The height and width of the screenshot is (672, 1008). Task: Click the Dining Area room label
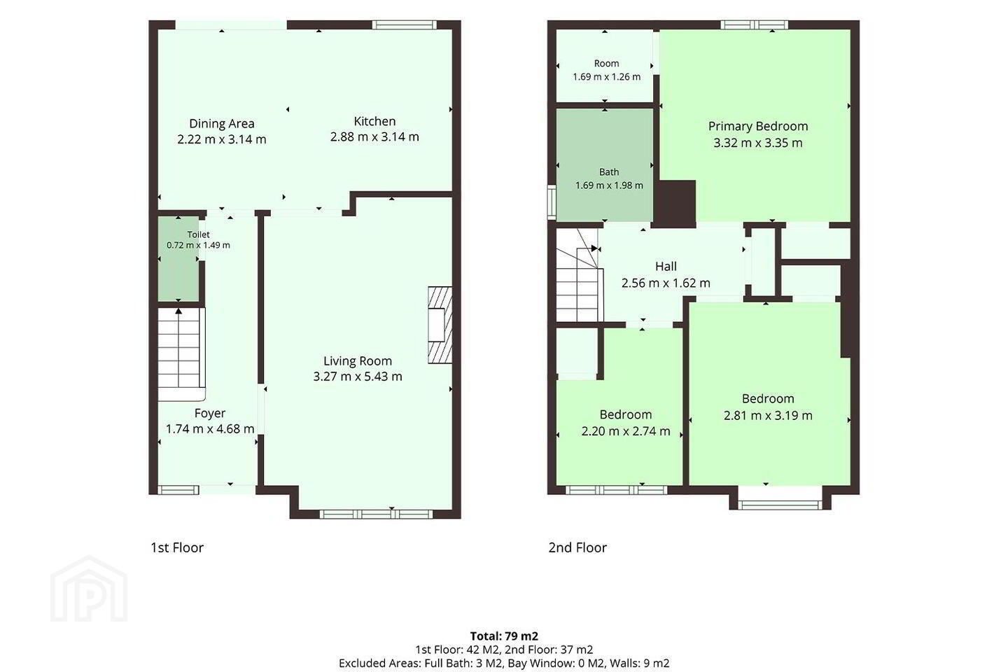click(221, 123)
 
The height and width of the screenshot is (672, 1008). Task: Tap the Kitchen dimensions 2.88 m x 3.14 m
click(374, 136)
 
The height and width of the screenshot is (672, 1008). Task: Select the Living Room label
click(358, 361)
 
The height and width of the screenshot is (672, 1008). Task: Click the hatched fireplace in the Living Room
click(440, 325)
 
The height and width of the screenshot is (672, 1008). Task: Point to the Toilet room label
click(199, 234)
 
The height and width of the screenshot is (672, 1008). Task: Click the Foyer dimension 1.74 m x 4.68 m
click(210, 429)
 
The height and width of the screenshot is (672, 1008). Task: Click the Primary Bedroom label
click(758, 127)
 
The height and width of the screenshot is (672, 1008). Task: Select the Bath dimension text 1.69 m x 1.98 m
click(609, 185)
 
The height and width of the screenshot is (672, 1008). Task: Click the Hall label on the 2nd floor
click(666, 267)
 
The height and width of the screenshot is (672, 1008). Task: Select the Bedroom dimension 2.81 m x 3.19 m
click(768, 415)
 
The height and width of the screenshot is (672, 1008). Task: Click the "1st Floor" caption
click(177, 547)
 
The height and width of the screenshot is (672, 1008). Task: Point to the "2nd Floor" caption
click(577, 547)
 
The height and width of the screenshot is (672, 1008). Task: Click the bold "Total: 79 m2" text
click(504, 636)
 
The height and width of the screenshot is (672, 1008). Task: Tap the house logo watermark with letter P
click(89, 589)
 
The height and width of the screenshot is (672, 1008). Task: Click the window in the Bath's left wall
click(552, 202)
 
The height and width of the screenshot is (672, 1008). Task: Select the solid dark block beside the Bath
click(675, 202)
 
